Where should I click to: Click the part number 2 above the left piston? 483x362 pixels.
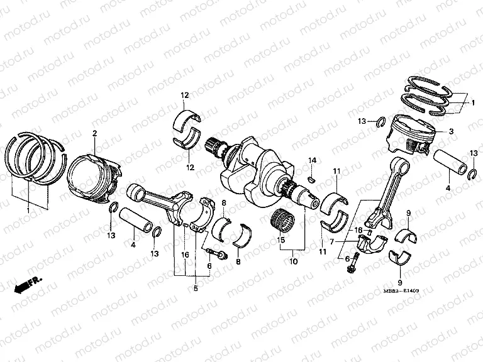94,133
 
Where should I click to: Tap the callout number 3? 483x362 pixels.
451,131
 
